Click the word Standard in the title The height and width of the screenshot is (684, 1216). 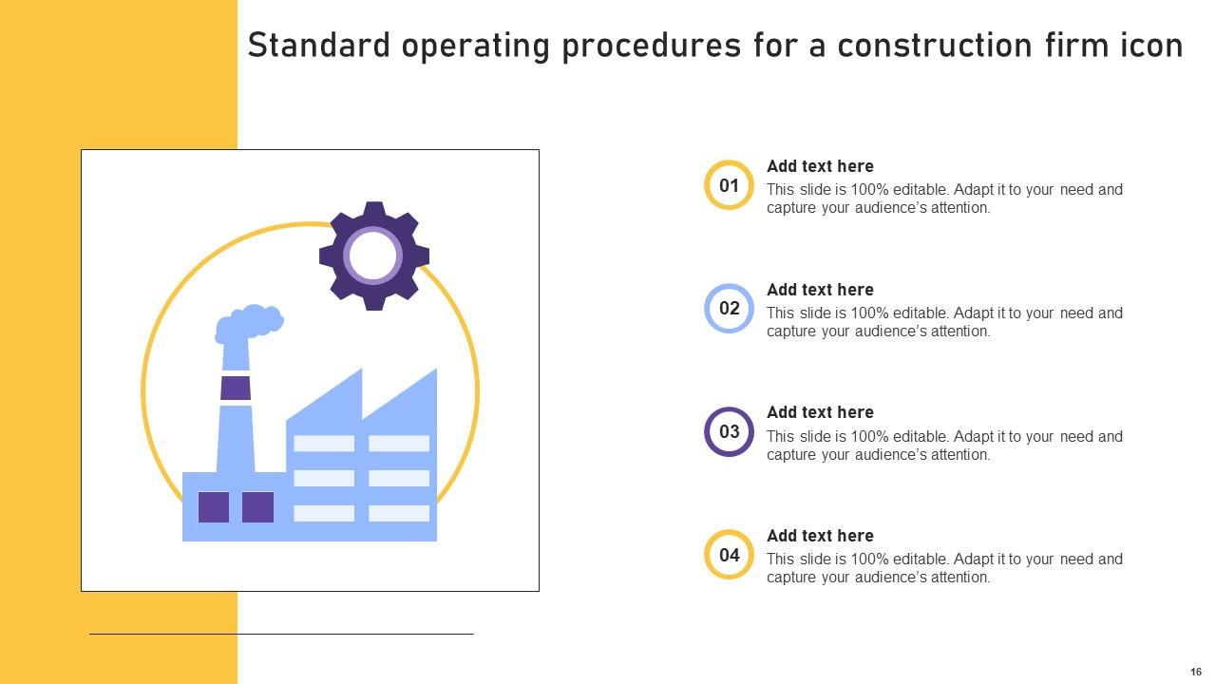point(318,46)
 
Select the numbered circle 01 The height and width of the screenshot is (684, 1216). point(729,185)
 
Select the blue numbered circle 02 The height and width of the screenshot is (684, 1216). point(729,309)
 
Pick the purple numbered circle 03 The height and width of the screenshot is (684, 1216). point(729,432)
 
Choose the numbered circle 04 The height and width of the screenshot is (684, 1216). point(729,555)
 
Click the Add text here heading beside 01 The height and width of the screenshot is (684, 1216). point(820,166)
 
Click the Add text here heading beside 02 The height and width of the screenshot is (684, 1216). point(820,290)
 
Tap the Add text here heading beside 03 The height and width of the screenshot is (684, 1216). point(820,412)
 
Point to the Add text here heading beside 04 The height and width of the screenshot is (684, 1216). point(820,536)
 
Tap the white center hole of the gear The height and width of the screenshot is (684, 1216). point(373,256)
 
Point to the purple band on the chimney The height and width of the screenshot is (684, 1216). point(236,388)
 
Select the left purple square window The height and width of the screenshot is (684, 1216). point(214,507)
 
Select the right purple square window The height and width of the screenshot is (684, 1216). point(257,507)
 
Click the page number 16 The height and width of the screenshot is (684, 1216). point(1196,672)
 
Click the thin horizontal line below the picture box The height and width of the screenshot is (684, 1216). point(281,634)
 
